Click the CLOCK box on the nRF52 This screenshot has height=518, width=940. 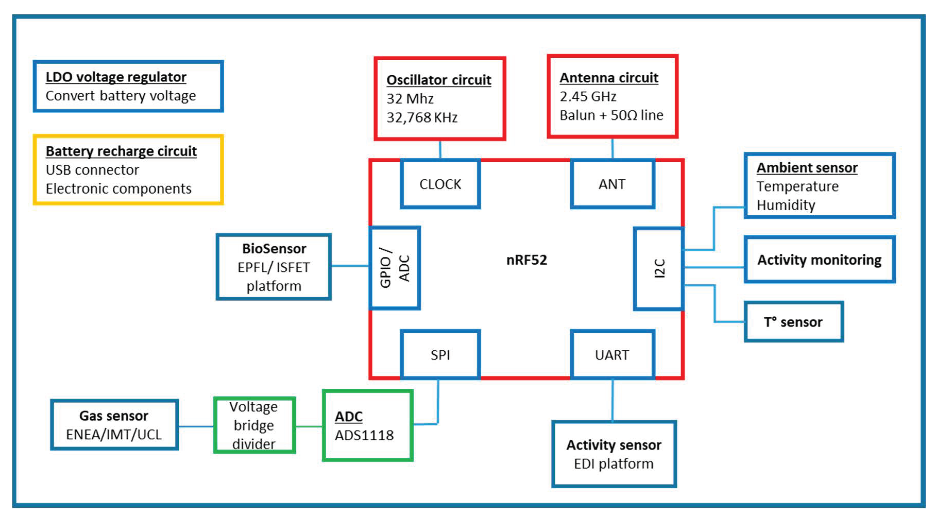coord(440,184)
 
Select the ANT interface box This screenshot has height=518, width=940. coord(612,184)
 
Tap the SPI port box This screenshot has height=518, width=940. coord(440,355)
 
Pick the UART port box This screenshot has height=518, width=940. coord(612,355)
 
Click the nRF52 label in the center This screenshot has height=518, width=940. coord(527,260)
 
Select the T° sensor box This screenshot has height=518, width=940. coord(793,322)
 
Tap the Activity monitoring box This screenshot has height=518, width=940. coord(819,260)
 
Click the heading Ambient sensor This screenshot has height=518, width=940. coord(807,168)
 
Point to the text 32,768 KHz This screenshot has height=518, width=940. coord(422,117)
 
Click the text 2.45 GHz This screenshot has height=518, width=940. coord(588,97)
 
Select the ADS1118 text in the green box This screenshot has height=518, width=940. coord(364,435)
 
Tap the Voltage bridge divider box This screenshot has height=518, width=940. coord(254,425)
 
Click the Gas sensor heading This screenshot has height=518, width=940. coord(114,416)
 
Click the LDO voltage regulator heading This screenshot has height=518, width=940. coord(116,77)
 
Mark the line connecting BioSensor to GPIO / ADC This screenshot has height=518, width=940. coord(350,266)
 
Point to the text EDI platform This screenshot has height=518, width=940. coord(613,464)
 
